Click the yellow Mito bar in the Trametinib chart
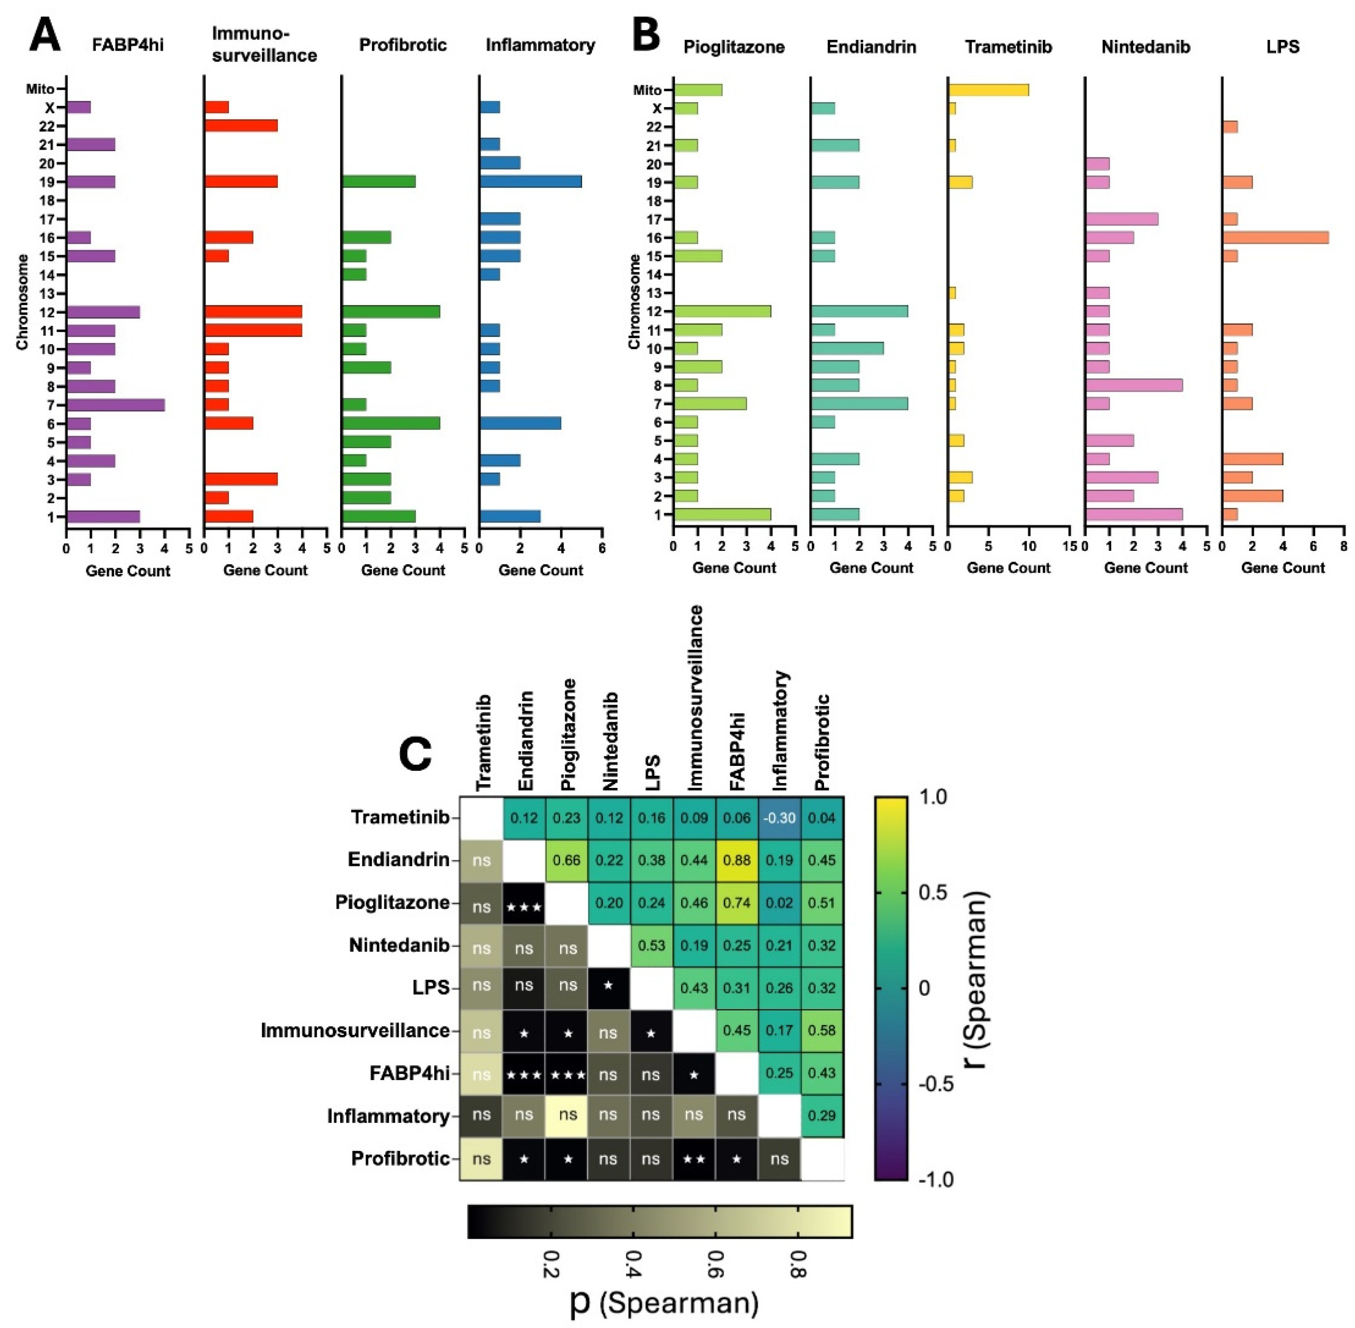tap(988, 90)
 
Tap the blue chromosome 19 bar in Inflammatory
tap(530, 182)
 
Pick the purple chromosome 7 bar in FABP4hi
tap(116, 405)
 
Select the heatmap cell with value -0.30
tap(779, 818)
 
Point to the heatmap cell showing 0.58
tap(822, 1031)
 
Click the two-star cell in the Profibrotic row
tap(693, 1159)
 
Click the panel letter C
tap(416, 754)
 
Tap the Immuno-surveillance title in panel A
tap(263, 45)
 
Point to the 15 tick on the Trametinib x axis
tap(1070, 547)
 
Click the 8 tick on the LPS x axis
tap(1343, 547)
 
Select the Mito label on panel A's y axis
tap(40, 89)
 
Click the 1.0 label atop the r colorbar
tap(932, 797)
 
